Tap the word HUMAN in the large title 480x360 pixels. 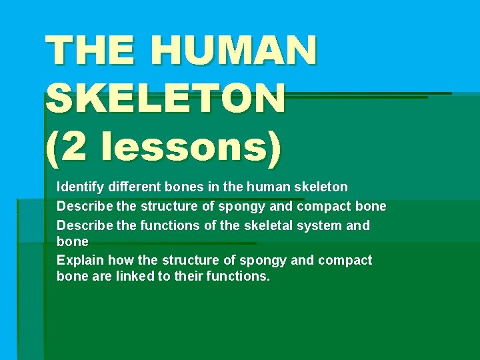[233, 51]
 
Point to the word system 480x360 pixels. [319, 226]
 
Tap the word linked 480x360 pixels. [134, 277]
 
